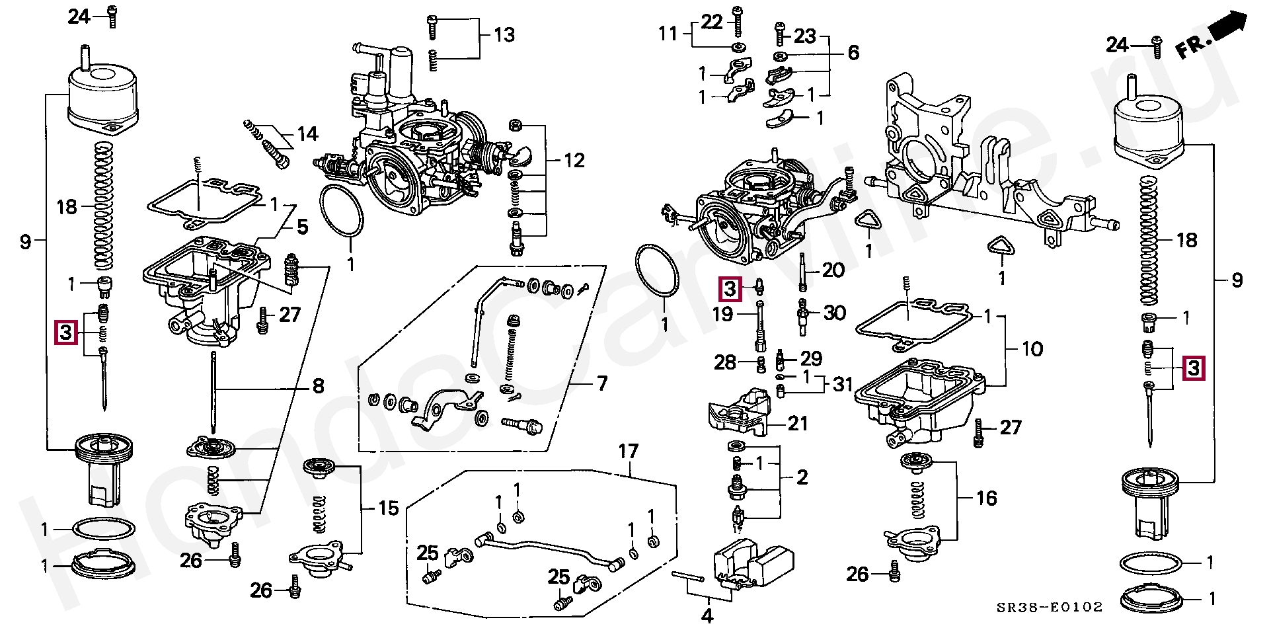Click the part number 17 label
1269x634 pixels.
(x=628, y=452)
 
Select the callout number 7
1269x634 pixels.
(x=601, y=383)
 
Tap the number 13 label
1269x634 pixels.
(x=504, y=35)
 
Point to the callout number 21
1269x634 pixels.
(x=798, y=423)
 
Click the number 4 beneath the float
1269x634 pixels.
(x=707, y=616)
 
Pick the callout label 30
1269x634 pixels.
(x=834, y=313)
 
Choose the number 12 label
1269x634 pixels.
(x=574, y=161)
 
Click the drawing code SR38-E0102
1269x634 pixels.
(x=1050, y=607)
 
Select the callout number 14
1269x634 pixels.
(x=307, y=134)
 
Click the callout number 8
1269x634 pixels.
(x=318, y=386)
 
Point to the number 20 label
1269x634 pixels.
(x=833, y=270)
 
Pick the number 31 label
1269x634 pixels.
(x=842, y=383)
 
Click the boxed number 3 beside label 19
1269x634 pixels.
(x=730, y=288)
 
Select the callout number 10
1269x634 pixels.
(x=1032, y=348)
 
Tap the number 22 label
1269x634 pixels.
(x=712, y=22)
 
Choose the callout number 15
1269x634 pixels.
(x=388, y=508)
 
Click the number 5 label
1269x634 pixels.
(x=302, y=227)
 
